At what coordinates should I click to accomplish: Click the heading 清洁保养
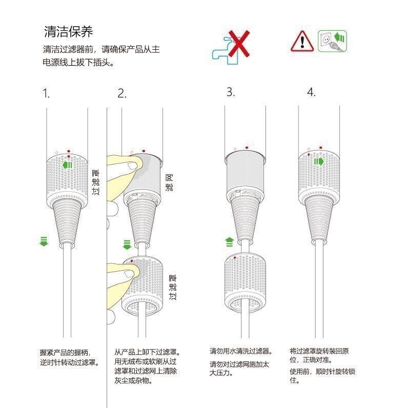click(x=68, y=32)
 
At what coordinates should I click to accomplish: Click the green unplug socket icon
click(x=332, y=40)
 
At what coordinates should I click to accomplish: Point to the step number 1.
click(x=46, y=93)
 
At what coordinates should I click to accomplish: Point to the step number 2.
click(x=121, y=93)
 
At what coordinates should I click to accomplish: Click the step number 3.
click(x=231, y=92)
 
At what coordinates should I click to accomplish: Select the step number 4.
click(x=311, y=92)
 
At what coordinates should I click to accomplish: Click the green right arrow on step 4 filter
click(x=319, y=161)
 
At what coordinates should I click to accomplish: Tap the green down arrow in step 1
click(x=44, y=241)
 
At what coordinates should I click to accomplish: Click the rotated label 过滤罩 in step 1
click(x=95, y=183)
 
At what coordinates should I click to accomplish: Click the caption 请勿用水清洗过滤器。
click(x=241, y=351)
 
